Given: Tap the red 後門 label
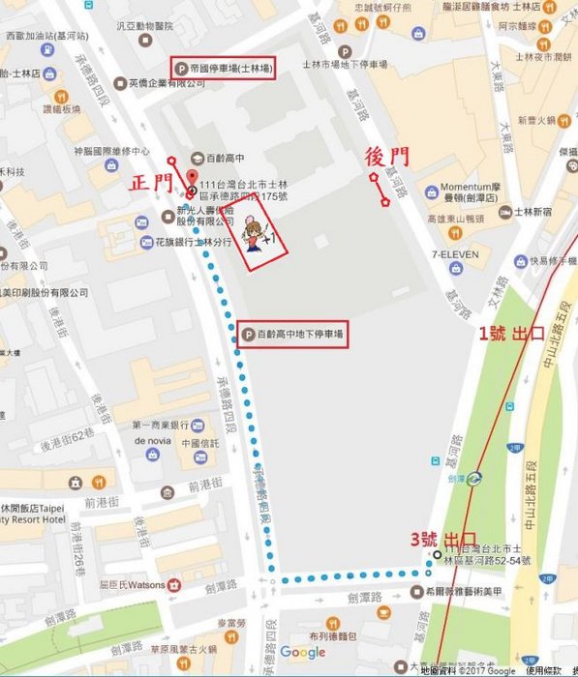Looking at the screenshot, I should coord(384,156).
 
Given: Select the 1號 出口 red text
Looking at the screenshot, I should coord(515,332).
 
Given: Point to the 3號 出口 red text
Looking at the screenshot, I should coord(444,537).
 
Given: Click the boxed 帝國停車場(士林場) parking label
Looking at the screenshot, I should coord(223,68).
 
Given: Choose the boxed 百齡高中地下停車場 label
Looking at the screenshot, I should coord(291,335).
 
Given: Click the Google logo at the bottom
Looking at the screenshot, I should coord(303,653).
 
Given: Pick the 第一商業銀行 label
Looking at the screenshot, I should coord(161,425).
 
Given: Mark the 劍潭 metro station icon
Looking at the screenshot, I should coord(474,477).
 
